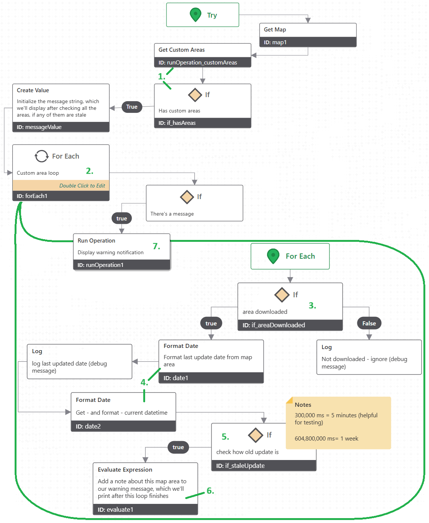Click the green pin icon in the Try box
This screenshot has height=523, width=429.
click(x=195, y=15)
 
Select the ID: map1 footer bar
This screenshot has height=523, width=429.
click(x=307, y=42)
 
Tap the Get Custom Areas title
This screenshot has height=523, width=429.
click(x=181, y=50)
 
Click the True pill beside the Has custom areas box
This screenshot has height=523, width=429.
click(x=132, y=107)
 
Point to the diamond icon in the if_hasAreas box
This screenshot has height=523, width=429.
click(x=195, y=95)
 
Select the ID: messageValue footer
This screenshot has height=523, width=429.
click(x=61, y=127)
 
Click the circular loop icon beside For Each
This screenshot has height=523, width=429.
click(x=42, y=156)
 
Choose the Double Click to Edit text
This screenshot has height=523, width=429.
click(x=82, y=186)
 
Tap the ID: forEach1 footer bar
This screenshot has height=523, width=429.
click(x=61, y=196)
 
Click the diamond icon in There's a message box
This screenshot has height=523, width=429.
click(x=187, y=197)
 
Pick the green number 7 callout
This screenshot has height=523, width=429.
click(x=156, y=246)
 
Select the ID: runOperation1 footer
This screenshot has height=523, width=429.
click(x=121, y=265)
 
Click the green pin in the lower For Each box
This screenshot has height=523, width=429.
click(x=273, y=256)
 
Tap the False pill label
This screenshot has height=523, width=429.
click(x=369, y=324)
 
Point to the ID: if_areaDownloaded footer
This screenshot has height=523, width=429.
click(x=290, y=325)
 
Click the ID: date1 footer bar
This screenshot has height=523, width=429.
click(x=211, y=378)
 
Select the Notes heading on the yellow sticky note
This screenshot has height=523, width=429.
click(x=303, y=405)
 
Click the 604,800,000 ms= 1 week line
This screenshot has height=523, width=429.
click(x=326, y=439)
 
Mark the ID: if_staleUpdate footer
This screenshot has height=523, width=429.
click(x=264, y=466)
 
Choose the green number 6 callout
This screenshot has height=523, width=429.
click(x=210, y=491)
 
